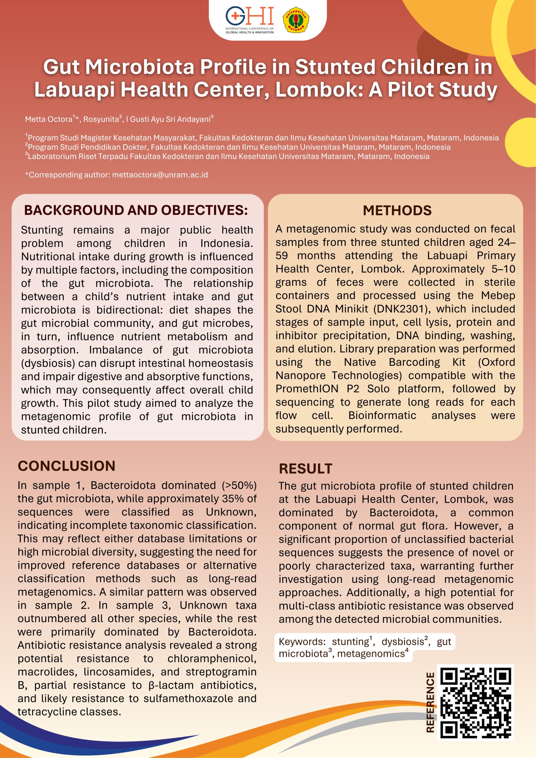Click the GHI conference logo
(250, 20)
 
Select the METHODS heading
(397, 210)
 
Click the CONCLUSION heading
(67, 466)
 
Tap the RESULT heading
(305, 469)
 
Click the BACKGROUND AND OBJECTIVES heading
(136, 210)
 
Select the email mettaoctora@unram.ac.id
(160, 175)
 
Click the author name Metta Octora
(49, 119)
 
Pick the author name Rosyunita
(101, 119)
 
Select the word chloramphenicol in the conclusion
(212, 658)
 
